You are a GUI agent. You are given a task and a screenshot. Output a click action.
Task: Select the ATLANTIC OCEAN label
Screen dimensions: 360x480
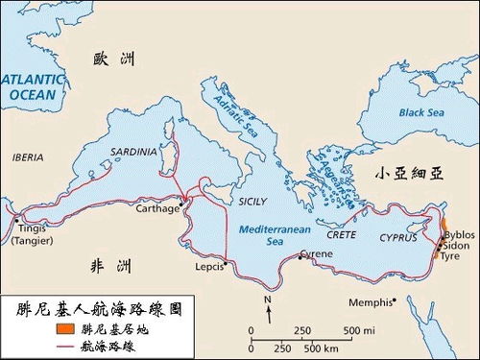[x=32, y=87]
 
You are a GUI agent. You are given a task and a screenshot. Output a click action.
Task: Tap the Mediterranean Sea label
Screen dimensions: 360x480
[x=266, y=237]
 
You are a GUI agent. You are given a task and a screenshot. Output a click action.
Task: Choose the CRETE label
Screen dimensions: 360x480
[x=341, y=234]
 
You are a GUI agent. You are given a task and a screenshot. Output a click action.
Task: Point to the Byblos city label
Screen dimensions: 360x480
[x=460, y=233]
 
